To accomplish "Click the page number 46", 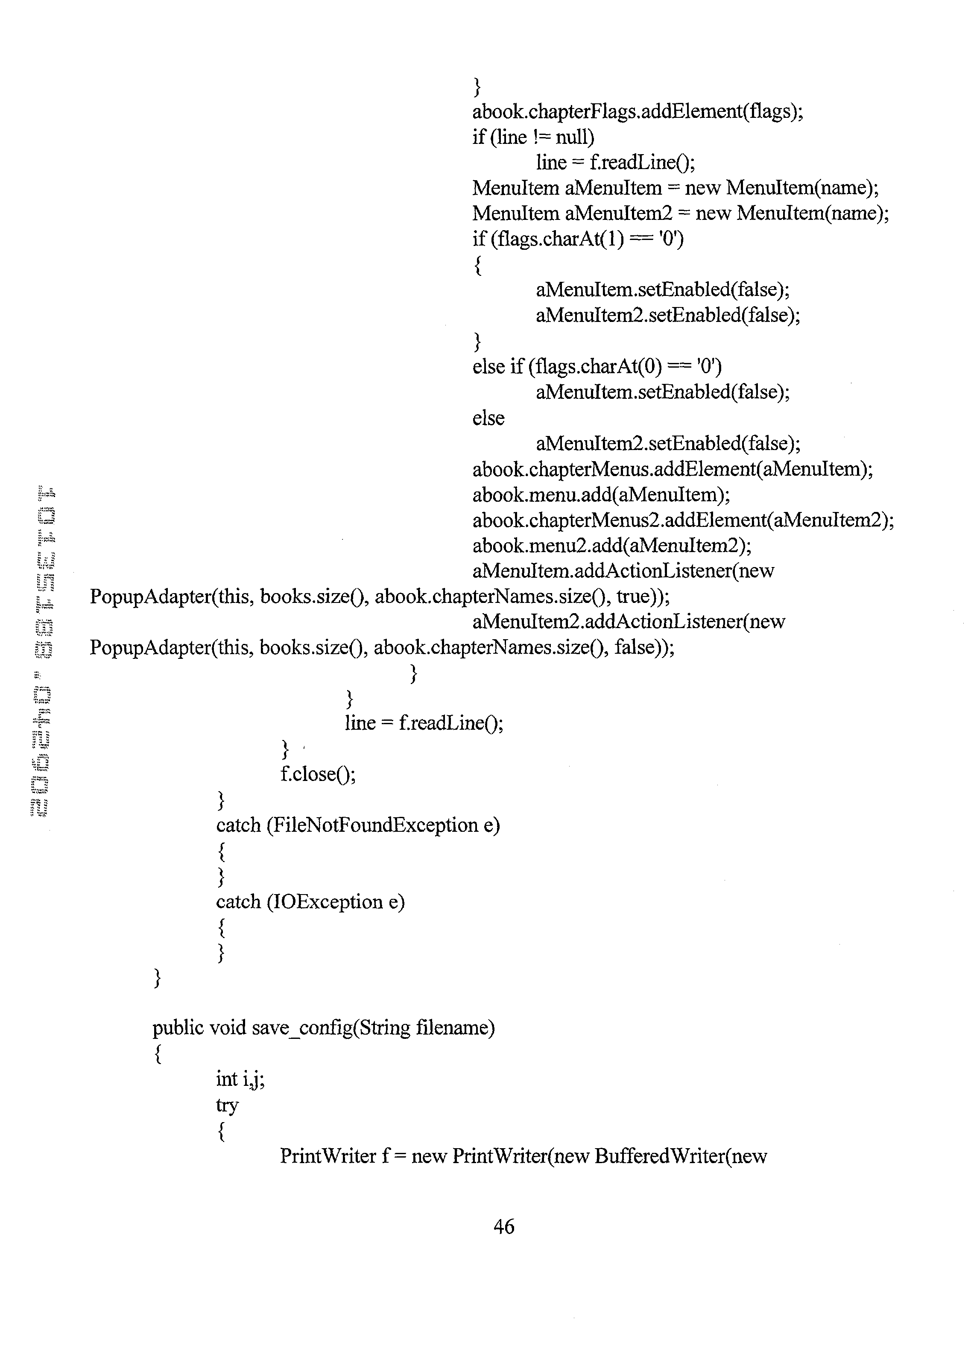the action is tap(503, 1226).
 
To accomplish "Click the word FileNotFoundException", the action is tap(372, 825).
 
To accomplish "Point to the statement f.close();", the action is tap(318, 774).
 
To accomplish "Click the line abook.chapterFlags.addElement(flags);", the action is tap(638, 111).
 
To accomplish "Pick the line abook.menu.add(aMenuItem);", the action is tap(601, 494).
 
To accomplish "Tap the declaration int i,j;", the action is tap(240, 1079).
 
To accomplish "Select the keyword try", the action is tap(227, 1105).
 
